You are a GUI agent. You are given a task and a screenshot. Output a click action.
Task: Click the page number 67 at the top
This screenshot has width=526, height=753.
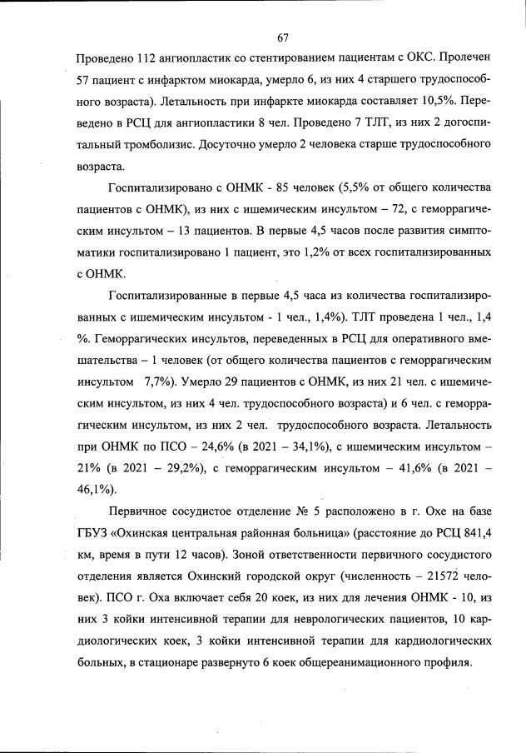click(283, 37)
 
